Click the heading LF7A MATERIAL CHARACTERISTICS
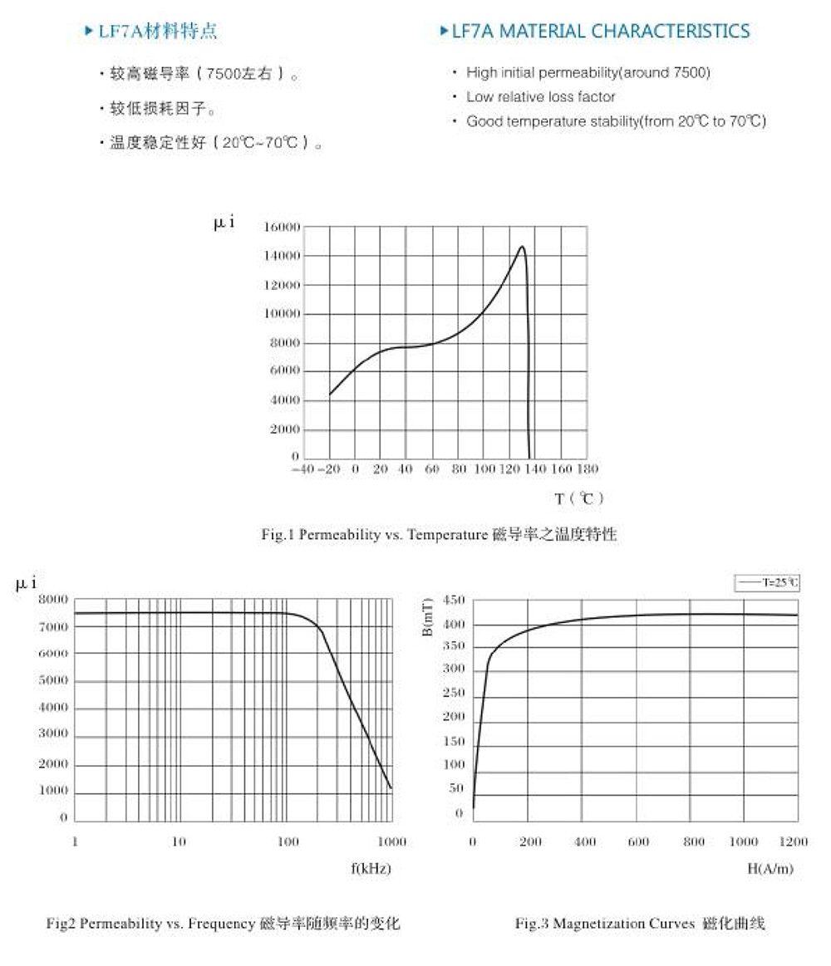600,32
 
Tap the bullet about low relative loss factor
540,97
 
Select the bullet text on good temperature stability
615,122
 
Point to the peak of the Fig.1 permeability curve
522,247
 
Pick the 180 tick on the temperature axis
587,470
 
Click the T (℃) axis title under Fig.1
579,498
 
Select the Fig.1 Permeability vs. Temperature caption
439,535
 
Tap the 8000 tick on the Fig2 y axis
53,600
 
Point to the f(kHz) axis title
371,869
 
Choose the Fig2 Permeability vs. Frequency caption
223,924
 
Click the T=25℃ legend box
767,583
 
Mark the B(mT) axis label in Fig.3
426,620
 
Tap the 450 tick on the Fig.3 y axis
454,600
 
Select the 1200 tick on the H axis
794,842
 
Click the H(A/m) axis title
770,869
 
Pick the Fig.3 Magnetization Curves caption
640,924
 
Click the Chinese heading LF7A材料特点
158,32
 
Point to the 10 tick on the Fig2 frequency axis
179,842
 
